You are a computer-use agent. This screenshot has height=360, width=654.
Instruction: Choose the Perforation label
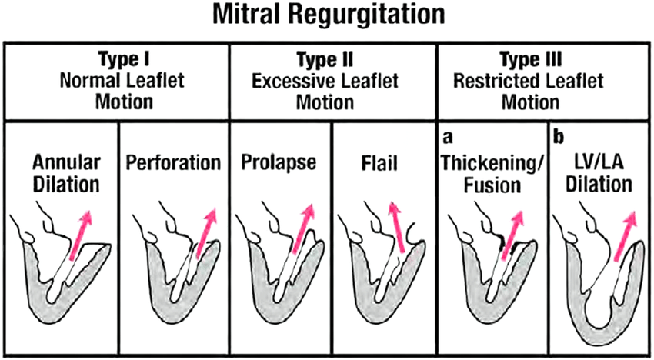(172, 164)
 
